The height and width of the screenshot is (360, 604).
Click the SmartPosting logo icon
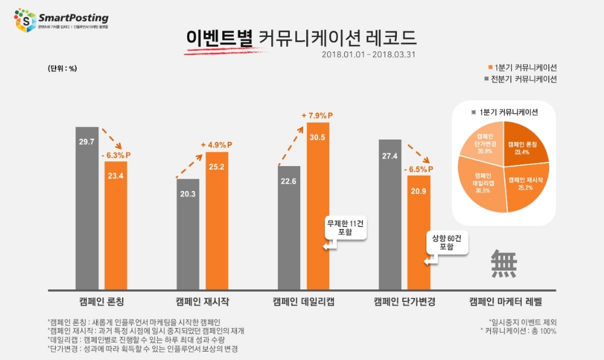click(x=25, y=19)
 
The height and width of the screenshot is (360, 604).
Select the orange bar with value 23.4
click(x=115, y=230)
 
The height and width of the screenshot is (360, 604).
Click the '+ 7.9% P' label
click(x=318, y=115)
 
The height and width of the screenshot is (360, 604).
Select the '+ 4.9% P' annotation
click(x=217, y=144)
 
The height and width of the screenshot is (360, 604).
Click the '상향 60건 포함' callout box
click(x=446, y=242)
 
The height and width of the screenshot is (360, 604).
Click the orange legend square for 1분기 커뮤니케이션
click(x=489, y=67)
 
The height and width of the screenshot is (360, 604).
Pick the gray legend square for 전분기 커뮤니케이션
click(x=489, y=79)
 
